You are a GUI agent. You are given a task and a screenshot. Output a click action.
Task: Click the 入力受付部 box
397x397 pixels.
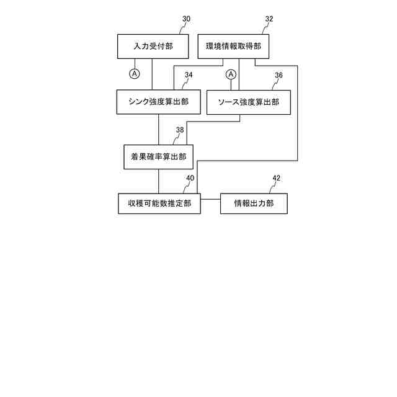tap(153, 46)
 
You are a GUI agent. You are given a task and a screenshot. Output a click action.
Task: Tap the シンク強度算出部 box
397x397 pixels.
tap(159, 102)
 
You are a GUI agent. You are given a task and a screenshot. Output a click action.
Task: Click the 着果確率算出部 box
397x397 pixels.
tap(159, 157)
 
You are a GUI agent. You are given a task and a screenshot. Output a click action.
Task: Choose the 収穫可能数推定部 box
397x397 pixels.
tap(159, 203)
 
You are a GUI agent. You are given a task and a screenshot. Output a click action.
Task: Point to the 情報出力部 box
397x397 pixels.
tap(254, 203)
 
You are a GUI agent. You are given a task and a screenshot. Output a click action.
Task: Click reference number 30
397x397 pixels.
tap(186, 19)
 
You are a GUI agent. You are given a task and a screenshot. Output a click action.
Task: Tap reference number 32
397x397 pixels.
tap(269, 19)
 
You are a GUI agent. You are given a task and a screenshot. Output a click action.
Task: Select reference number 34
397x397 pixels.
tap(188, 75)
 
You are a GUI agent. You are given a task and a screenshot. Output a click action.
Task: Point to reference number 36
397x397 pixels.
tap(279, 75)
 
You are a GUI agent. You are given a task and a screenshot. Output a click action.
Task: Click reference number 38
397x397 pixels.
tap(180, 130)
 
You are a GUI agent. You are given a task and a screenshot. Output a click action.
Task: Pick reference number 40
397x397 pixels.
tap(190, 178)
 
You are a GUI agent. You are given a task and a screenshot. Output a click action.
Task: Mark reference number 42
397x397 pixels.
tap(276, 178)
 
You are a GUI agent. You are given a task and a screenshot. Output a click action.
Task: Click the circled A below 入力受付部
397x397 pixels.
tap(135, 74)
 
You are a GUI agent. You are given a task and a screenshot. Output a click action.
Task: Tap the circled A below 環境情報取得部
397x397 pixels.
tap(231, 74)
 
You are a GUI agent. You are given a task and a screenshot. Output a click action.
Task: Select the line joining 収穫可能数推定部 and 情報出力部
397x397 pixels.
tap(210, 199)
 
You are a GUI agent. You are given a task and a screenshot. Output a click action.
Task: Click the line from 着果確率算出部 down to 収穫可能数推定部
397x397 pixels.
tap(159, 181)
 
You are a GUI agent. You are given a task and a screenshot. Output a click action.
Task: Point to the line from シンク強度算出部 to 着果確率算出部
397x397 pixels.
tap(159, 129)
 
